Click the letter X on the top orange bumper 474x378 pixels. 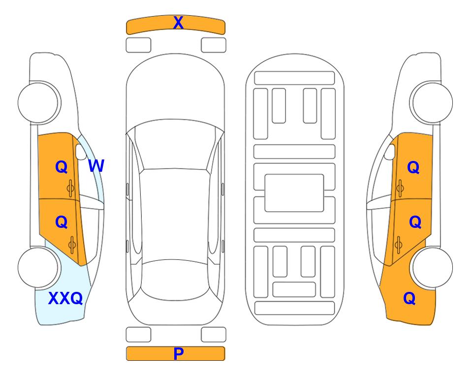pyautogui.click(x=178, y=23)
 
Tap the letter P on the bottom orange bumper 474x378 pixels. pyautogui.click(x=178, y=353)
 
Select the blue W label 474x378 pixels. pyautogui.click(x=96, y=166)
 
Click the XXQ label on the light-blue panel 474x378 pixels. pyautogui.click(x=65, y=298)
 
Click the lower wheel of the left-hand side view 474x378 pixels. pyautogui.click(x=38, y=267)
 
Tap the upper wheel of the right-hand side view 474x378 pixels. pyautogui.click(x=432, y=102)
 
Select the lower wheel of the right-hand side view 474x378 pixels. pyautogui.click(x=432, y=267)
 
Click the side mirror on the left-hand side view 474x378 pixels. pyautogui.click(x=81, y=152)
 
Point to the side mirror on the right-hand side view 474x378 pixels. pyautogui.click(x=390, y=152)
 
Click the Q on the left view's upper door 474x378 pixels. pyautogui.click(x=61, y=167)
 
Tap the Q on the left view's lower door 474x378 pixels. pyautogui.click(x=61, y=222)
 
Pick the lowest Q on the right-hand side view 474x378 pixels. pyautogui.click(x=410, y=298)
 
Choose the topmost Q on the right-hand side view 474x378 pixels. pyautogui.click(x=413, y=167)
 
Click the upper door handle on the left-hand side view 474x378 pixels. pyautogui.click(x=70, y=189)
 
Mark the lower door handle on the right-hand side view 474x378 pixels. pyautogui.click(x=399, y=245)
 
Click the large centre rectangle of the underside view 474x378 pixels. pyautogui.click(x=294, y=193)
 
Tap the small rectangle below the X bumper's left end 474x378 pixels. pyautogui.click(x=138, y=45)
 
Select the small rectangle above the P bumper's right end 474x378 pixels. pyautogui.click(x=214, y=335)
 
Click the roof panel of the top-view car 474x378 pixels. pyautogui.click(x=175, y=215)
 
